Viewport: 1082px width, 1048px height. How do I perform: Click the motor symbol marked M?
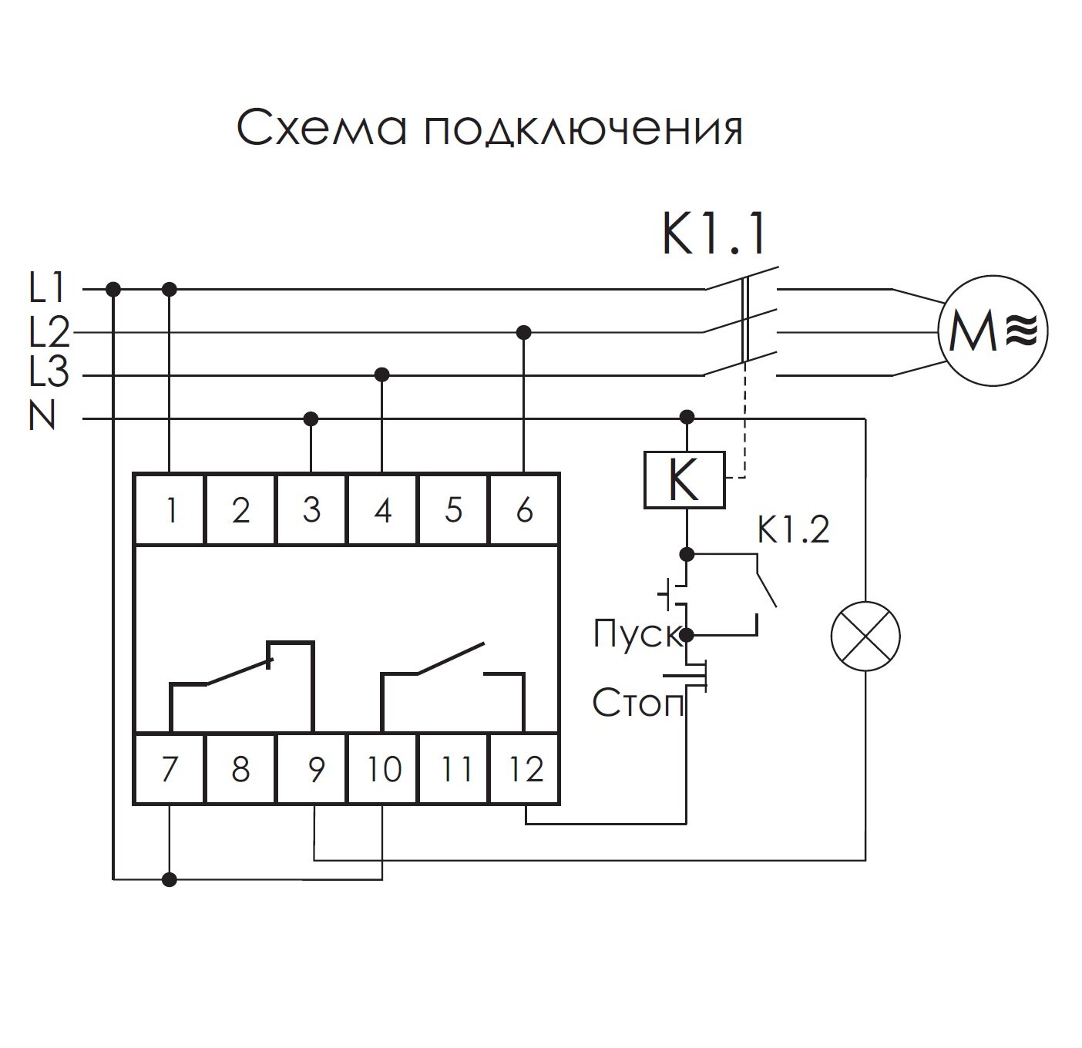click(x=992, y=331)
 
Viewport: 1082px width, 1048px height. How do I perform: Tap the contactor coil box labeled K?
click(x=684, y=480)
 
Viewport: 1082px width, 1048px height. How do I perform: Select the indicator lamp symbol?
click(x=865, y=635)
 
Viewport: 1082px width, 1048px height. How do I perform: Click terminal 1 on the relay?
click(x=170, y=509)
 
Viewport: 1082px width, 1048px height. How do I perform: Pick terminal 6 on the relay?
click(x=524, y=509)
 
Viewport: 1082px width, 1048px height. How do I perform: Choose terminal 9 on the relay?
click(x=313, y=769)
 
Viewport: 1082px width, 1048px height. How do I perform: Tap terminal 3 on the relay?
click(x=311, y=509)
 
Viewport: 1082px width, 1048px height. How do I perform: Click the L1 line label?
click(x=48, y=289)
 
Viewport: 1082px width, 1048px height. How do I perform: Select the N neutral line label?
click(x=43, y=418)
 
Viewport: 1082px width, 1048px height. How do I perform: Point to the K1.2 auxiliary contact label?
click(x=793, y=530)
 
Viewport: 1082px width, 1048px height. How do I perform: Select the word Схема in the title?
click(x=321, y=129)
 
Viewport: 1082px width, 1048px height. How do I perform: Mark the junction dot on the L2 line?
click(x=524, y=332)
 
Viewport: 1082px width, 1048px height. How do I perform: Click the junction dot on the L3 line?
click(x=381, y=375)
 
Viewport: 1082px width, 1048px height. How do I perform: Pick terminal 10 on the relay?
click(x=383, y=769)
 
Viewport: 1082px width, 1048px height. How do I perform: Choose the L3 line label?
click(x=49, y=375)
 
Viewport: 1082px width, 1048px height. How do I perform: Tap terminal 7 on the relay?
click(x=170, y=769)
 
